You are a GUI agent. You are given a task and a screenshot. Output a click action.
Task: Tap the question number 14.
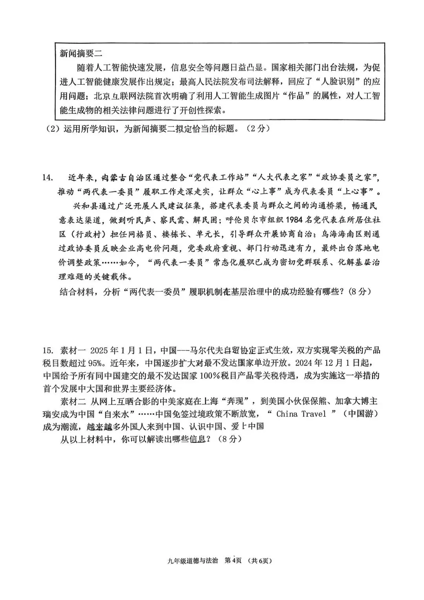point(48,178)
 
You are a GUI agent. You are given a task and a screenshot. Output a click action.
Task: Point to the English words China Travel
point(301,414)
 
